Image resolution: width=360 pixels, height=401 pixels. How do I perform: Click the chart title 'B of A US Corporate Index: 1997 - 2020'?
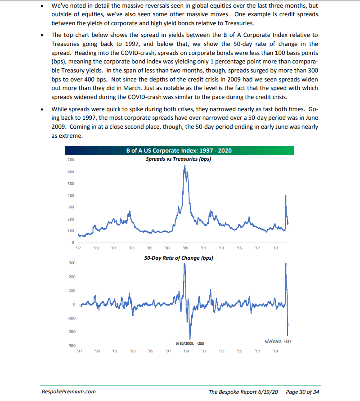(x=179, y=150)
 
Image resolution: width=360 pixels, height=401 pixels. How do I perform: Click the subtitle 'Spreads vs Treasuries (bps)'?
(x=179, y=159)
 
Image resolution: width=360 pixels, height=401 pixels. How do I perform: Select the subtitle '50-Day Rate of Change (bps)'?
(x=179, y=258)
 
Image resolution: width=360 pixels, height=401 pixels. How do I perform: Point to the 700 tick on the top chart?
(x=71, y=160)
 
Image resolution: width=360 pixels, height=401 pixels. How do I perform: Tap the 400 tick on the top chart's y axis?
(x=71, y=195)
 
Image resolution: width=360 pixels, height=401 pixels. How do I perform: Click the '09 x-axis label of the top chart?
(x=185, y=248)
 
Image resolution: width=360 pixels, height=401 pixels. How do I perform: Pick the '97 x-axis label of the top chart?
(x=78, y=248)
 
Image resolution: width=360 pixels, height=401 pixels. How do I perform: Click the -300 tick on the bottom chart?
(x=71, y=346)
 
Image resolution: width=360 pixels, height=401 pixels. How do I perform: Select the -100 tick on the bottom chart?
(x=71, y=318)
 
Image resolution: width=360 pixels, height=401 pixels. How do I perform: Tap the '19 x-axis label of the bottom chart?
(x=275, y=351)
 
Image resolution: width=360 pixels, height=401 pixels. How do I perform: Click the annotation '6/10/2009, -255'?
(x=189, y=343)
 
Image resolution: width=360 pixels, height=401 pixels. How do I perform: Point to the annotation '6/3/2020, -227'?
(x=279, y=341)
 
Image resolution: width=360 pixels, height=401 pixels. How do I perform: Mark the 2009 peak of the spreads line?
(x=184, y=166)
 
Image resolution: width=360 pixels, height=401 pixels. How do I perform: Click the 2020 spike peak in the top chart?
(x=286, y=195)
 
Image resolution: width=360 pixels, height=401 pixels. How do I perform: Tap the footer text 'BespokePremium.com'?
(x=68, y=392)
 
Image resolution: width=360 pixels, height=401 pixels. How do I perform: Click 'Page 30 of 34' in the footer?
(x=303, y=392)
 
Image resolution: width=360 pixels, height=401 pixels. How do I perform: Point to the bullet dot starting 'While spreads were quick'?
(x=42, y=109)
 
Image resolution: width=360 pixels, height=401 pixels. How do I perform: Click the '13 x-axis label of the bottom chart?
(x=221, y=351)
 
